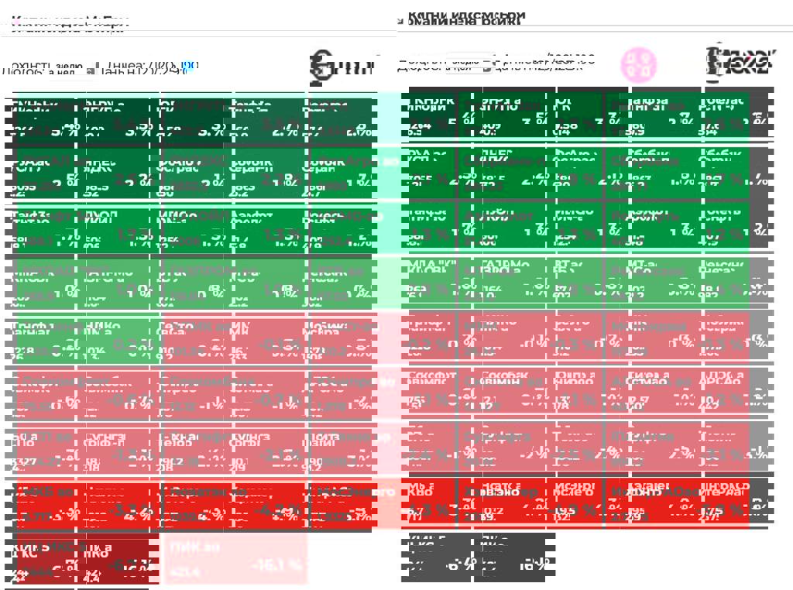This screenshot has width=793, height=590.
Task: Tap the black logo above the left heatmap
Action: [x=342, y=67]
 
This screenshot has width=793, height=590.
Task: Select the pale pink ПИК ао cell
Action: [x=235, y=557]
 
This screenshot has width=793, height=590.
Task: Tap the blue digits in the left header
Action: [x=189, y=67]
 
